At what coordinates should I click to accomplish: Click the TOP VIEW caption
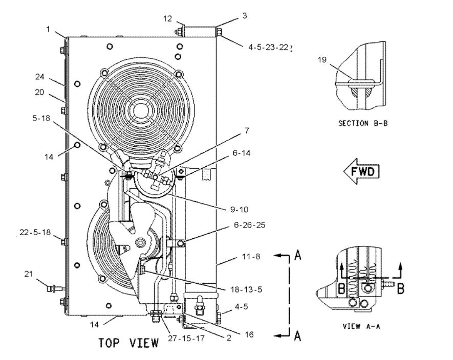(x=128, y=342)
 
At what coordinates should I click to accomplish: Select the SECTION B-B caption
(x=360, y=123)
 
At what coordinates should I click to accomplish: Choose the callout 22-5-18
(x=35, y=232)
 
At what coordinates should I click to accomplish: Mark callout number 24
(x=40, y=78)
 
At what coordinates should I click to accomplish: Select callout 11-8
(x=250, y=257)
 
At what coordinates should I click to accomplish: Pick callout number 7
(x=246, y=130)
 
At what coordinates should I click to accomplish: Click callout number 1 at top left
(x=48, y=30)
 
